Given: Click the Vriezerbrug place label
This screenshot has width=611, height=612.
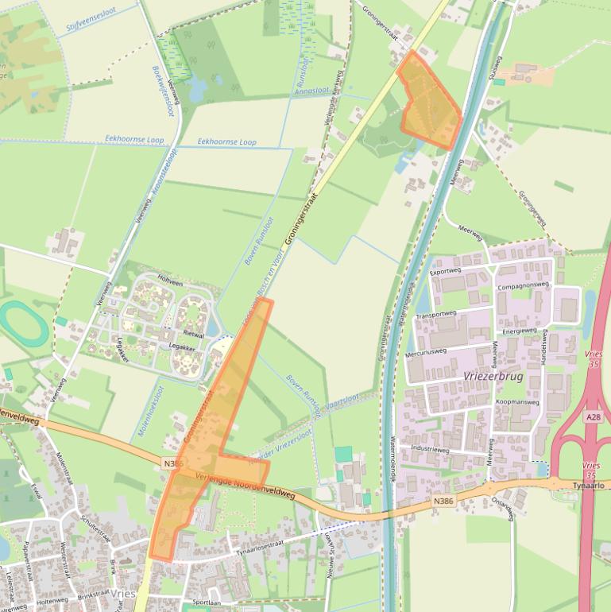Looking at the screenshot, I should click(493, 377).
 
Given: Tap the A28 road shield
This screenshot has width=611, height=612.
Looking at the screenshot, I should click(594, 416).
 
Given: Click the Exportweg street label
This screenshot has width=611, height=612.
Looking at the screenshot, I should click(445, 271).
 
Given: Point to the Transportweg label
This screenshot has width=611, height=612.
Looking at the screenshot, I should click(437, 315).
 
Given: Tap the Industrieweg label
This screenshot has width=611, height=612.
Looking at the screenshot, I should click(430, 450).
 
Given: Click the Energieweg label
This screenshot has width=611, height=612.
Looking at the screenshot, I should click(520, 330).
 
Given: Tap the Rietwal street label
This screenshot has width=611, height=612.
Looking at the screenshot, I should click(194, 335).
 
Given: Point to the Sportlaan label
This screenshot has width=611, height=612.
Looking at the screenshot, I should click(206, 602).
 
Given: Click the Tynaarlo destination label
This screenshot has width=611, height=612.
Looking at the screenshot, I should click(590, 484).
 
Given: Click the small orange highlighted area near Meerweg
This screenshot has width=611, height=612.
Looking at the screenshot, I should click(429, 102).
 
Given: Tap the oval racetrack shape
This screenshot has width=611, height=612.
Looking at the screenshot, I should click(24, 324).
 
